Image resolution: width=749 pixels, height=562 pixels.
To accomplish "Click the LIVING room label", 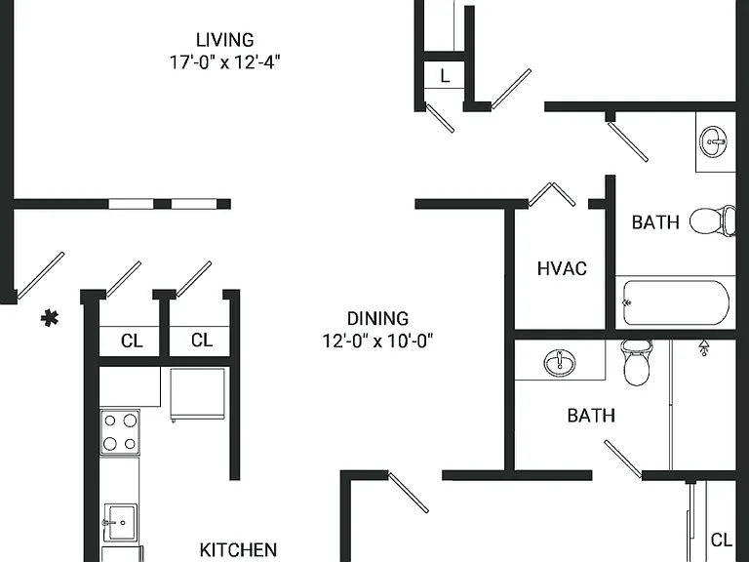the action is [x=224, y=40].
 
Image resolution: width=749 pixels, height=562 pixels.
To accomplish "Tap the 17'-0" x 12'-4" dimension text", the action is [x=224, y=62].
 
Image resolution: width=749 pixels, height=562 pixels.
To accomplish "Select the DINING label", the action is [x=377, y=318].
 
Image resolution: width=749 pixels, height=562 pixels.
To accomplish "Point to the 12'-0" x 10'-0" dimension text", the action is [x=377, y=341].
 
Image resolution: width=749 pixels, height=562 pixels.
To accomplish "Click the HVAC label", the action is [x=562, y=268].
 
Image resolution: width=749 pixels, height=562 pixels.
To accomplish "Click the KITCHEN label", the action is [x=238, y=549].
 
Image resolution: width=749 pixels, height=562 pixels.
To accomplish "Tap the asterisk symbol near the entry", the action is [x=50, y=318].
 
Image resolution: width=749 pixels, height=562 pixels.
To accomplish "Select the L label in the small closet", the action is [x=445, y=75].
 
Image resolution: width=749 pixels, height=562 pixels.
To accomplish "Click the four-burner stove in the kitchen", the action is [x=120, y=432].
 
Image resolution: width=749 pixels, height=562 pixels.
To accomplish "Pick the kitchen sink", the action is [x=120, y=522].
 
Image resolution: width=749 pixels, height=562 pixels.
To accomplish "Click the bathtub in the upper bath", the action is [x=676, y=302].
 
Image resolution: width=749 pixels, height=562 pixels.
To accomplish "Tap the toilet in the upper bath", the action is [x=713, y=221].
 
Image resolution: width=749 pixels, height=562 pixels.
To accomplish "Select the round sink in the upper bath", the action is [x=714, y=141].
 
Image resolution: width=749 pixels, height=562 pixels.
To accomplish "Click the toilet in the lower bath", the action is [x=636, y=362].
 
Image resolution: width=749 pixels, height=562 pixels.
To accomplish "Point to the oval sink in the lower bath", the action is [x=560, y=362].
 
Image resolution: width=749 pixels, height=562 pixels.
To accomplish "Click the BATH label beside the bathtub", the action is [x=655, y=222].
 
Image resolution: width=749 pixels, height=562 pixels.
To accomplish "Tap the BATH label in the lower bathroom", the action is [x=591, y=416].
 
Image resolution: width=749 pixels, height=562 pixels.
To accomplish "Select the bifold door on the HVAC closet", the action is [x=552, y=194].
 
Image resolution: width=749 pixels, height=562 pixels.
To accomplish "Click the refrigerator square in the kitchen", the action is [x=197, y=394].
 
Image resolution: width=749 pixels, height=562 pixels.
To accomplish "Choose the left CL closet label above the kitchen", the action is [x=132, y=341].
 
